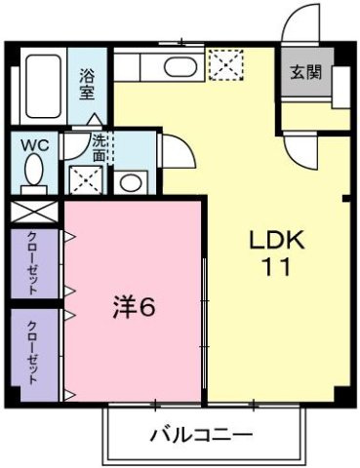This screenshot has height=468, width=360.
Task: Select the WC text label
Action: click(35, 144)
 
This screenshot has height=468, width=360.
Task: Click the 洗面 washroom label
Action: click(100, 146)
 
